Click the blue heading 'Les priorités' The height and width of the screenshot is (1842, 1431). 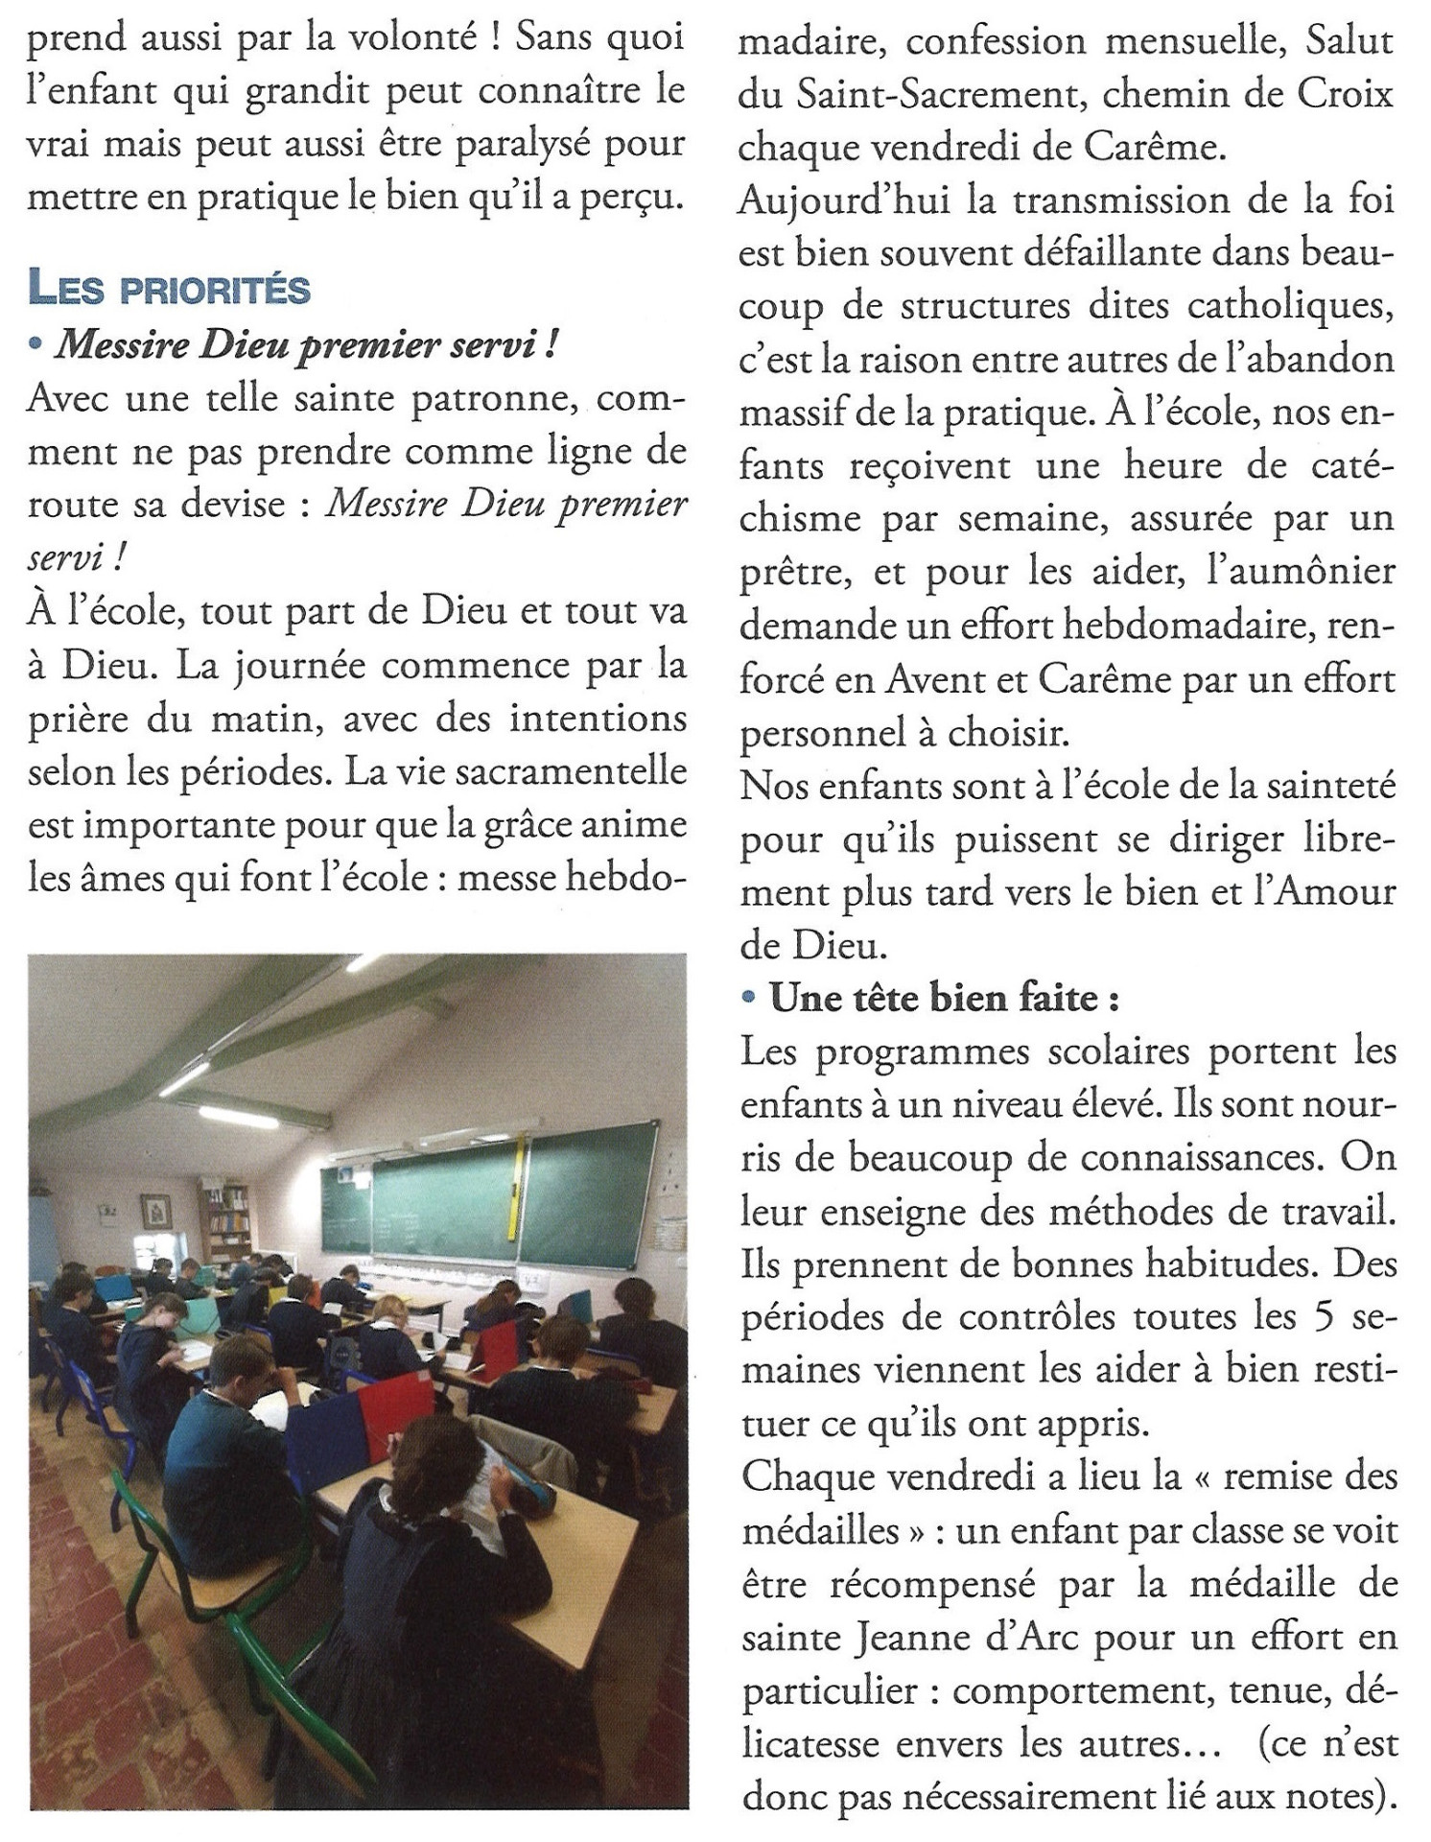click(169, 289)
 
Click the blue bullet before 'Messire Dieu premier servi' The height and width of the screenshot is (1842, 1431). click(36, 345)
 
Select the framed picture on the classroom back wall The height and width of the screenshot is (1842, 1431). click(154, 1212)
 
